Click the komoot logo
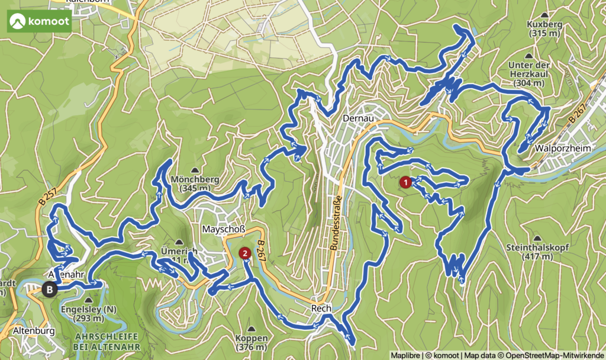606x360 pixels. (40, 22)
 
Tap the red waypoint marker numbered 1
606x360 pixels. (405, 182)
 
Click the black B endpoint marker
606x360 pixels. (50, 290)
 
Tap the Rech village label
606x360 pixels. (321, 308)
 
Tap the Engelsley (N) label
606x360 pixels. (86, 309)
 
